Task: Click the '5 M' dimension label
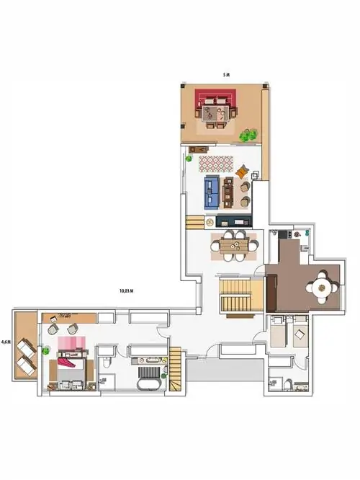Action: (226, 75)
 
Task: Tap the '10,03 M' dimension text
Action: (126, 291)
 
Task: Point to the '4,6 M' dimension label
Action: (6, 342)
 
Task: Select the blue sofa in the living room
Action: (212, 192)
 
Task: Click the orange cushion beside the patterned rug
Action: (242, 172)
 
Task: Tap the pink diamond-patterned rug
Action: (216, 163)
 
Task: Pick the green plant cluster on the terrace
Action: (248, 135)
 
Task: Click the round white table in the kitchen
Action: (321, 288)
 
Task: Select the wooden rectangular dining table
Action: (235, 246)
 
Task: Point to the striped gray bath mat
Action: (149, 372)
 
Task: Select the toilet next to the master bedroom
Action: (106, 362)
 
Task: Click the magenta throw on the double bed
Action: (67, 363)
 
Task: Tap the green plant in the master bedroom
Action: (46, 350)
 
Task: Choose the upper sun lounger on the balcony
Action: (26, 349)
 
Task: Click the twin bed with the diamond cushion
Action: (300, 332)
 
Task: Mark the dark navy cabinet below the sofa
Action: (234, 221)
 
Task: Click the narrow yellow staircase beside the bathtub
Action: (175, 369)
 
